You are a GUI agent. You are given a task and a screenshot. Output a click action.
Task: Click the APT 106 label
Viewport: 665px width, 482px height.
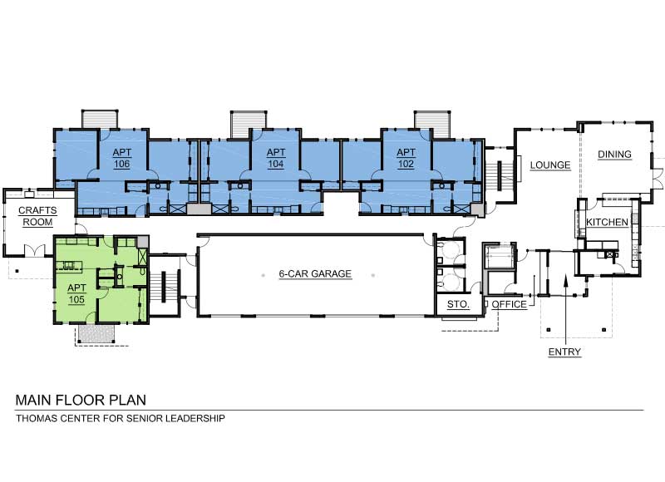pyautogui.click(x=121, y=158)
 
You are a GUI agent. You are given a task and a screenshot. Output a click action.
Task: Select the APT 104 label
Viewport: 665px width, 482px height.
pyautogui.click(x=275, y=158)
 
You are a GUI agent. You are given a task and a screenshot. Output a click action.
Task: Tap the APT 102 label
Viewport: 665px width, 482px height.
pyautogui.click(x=406, y=158)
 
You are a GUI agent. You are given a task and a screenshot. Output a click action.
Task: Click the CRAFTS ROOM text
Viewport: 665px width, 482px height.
pyautogui.click(x=37, y=217)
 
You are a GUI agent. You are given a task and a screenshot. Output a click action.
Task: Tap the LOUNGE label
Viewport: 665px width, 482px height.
pyautogui.click(x=550, y=165)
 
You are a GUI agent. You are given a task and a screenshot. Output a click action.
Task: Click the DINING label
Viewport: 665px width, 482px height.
pyautogui.click(x=615, y=155)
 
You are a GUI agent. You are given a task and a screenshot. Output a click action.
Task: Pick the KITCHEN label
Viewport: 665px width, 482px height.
pyautogui.click(x=606, y=223)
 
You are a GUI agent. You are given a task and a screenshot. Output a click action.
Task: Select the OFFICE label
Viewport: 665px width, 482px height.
pyautogui.click(x=509, y=305)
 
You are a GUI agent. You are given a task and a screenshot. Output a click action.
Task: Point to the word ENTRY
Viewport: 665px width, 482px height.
pyautogui.click(x=564, y=352)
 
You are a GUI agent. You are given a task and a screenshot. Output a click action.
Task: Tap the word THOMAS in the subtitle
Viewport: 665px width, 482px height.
pyautogui.click(x=37, y=419)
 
